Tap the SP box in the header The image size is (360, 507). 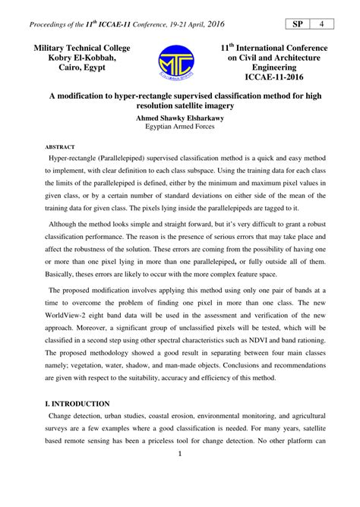pos(296,24)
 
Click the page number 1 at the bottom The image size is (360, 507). pos(180,476)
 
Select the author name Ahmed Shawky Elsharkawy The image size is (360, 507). pos(180,118)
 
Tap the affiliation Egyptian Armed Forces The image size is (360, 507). pos(180,128)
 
